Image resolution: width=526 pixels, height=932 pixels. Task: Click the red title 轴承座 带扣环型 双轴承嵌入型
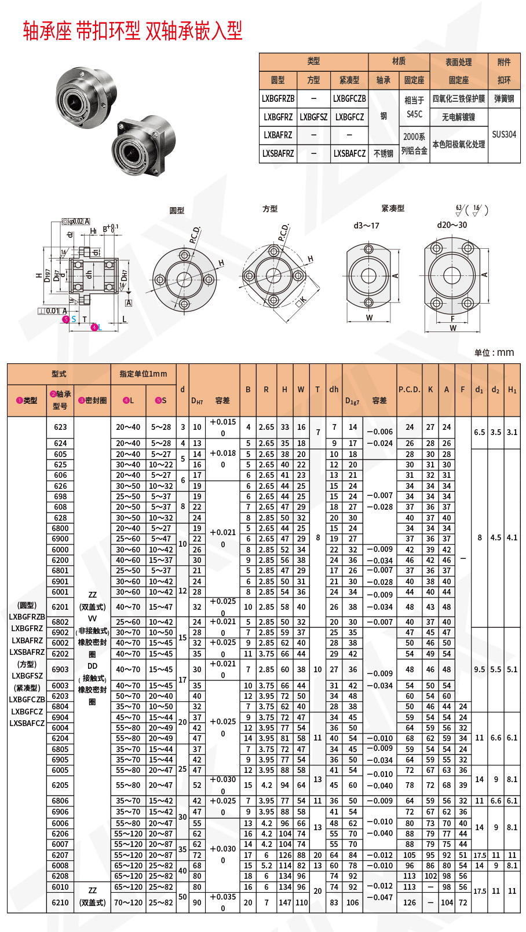click(132, 31)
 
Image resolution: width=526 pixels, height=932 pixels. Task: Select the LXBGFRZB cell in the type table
click(278, 98)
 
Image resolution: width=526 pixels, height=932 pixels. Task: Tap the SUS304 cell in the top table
click(503, 134)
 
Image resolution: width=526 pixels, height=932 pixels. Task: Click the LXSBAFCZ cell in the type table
click(349, 153)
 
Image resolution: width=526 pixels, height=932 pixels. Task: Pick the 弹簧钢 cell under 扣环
click(503, 98)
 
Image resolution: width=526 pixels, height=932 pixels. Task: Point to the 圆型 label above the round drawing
click(177, 210)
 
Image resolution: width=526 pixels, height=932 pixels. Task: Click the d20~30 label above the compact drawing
click(452, 225)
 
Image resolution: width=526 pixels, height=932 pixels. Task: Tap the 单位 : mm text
click(494, 352)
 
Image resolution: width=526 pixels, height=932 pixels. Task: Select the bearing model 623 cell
click(60, 427)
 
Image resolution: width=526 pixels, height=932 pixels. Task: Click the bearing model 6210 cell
click(60, 902)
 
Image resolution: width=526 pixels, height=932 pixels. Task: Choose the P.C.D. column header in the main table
click(409, 389)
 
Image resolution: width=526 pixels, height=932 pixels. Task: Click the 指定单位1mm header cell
click(143, 374)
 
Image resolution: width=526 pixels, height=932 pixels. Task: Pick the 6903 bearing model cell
click(60, 669)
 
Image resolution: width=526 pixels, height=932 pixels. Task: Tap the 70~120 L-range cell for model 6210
click(127, 902)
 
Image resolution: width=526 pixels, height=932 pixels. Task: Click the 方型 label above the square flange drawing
click(270, 209)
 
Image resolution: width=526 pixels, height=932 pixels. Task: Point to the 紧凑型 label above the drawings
click(393, 208)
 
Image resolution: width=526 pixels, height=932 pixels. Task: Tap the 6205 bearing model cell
click(60, 785)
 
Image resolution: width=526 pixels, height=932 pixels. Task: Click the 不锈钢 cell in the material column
click(383, 153)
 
